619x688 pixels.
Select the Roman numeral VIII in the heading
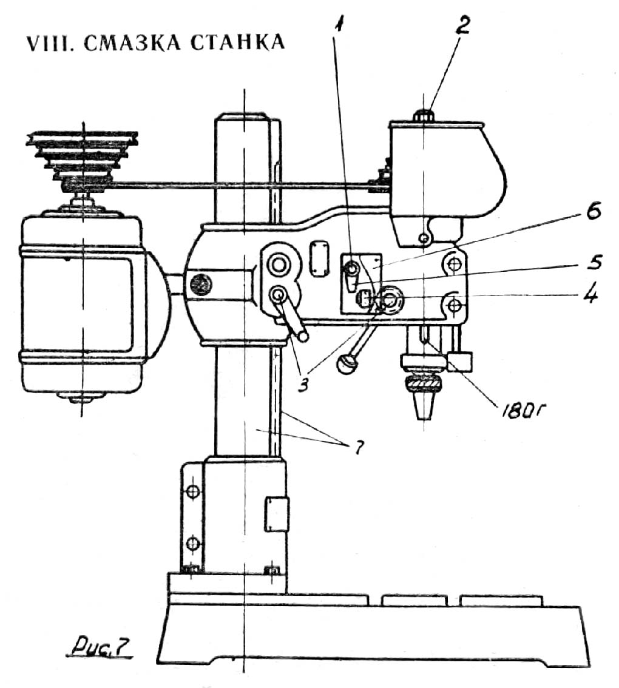[x=49, y=44]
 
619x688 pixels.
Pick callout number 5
[x=592, y=262]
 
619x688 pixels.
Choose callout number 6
[x=593, y=213]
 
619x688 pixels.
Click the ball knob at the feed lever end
[x=347, y=364]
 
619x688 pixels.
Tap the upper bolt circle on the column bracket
[x=192, y=491]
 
